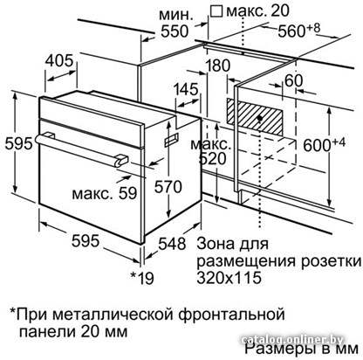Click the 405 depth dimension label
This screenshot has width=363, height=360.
(x=59, y=61)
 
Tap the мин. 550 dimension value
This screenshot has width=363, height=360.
(x=175, y=31)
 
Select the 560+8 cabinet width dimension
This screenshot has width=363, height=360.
(x=299, y=30)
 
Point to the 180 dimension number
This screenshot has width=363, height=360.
(x=217, y=66)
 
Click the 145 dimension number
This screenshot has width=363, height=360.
(x=186, y=89)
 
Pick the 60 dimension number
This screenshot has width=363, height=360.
(x=294, y=80)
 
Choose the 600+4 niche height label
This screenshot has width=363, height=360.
(x=325, y=144)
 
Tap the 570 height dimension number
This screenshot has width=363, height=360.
(x=168, y=186)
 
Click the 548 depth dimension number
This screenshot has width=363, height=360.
(x=172, y=244)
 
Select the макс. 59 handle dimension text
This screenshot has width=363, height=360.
(x=105, y=193)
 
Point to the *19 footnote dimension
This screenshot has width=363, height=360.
(x=142, y=278)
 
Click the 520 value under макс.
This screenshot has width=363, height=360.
(x=213, y=159)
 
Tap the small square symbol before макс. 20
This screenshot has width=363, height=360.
(x=216, y=11)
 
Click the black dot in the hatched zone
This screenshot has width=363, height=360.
(x=260, y=118)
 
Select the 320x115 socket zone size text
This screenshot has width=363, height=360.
(x=229, y=278)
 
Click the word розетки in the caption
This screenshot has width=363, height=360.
(x=331, y=261)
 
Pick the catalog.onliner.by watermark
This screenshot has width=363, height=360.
(x=293, y=340)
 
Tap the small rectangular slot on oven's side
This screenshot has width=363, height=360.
(x=172, y=140)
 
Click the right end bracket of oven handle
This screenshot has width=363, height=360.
(x=121, y=161)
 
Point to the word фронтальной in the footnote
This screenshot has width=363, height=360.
(x=231, y=315)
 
